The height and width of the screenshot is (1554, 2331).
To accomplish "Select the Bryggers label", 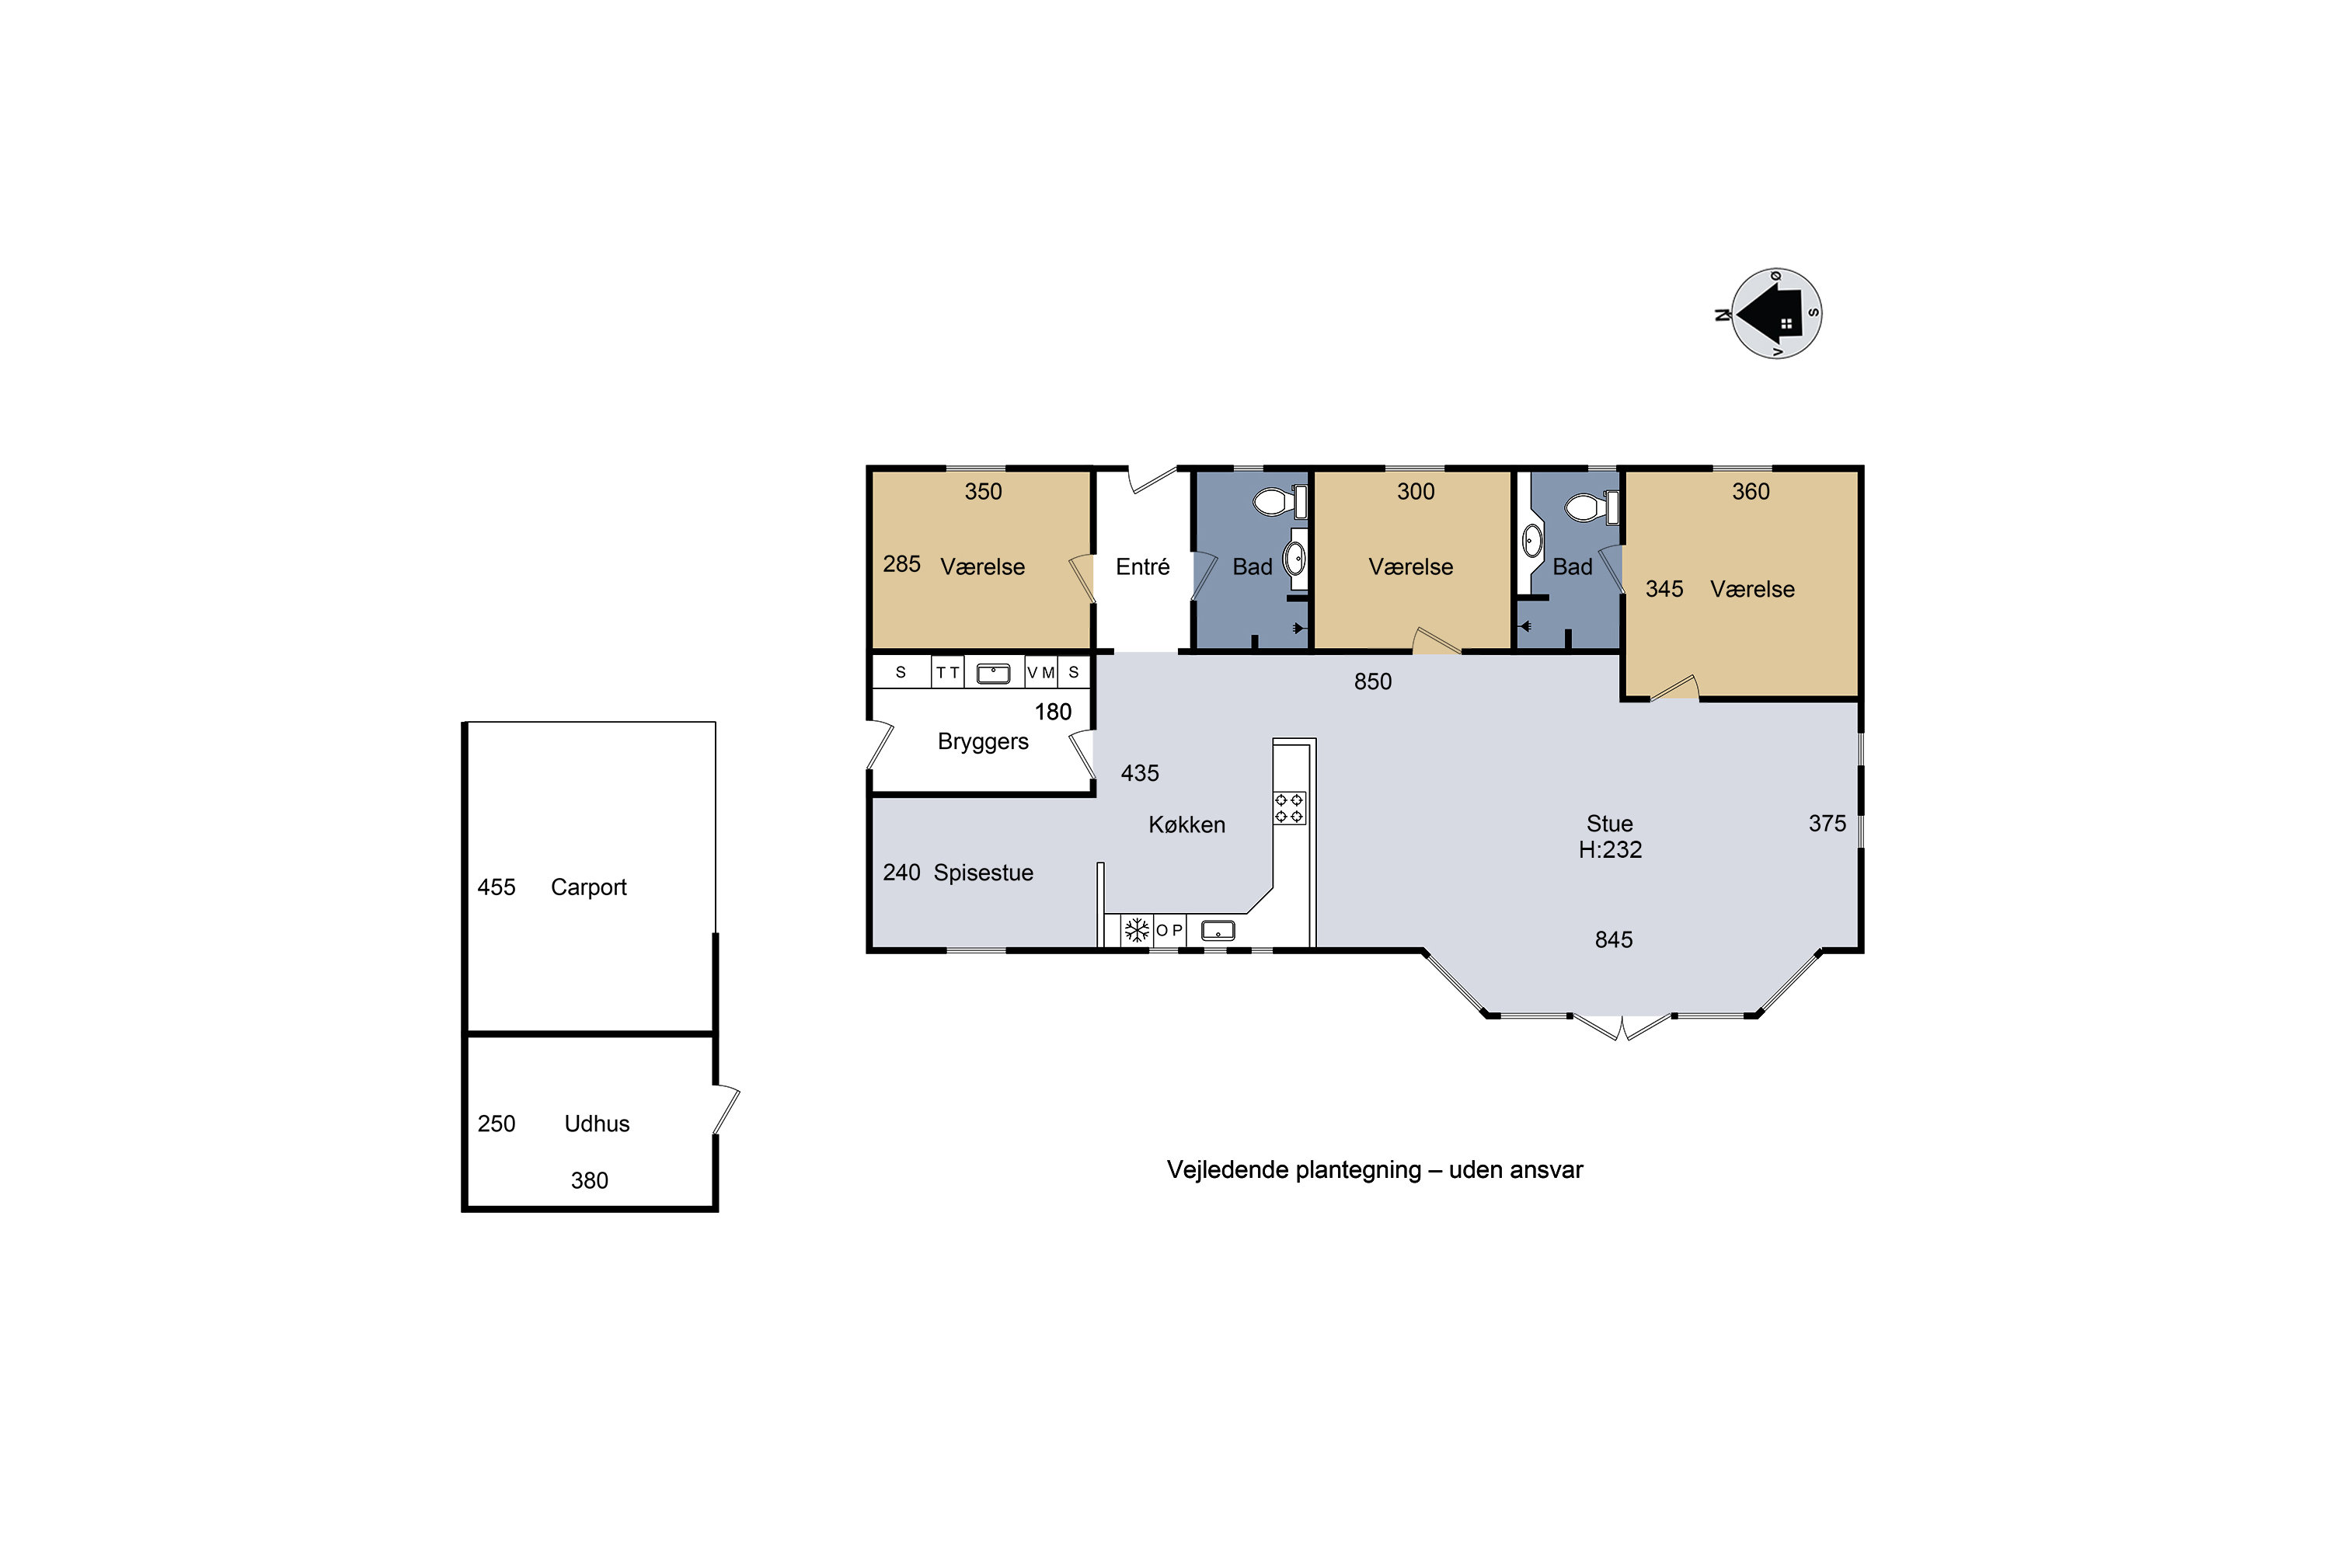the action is (x=982, y=742).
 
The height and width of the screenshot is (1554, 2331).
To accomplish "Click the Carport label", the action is (x=589, y=887).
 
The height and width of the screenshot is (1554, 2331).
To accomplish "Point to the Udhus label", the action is (x=597, y=1124).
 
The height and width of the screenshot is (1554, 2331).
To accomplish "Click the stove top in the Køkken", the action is (x=1289, y=808).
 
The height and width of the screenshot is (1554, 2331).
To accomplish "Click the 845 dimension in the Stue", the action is (x=1614, y=939).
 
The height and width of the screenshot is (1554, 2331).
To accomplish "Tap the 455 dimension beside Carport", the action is (x=497, y=887).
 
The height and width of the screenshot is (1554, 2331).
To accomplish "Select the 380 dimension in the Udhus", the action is (x=589, y=1180).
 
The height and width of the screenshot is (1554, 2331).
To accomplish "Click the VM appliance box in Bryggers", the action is (x=1040, y=673).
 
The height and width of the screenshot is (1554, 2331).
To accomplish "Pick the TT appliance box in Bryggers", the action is (x=947, y=673).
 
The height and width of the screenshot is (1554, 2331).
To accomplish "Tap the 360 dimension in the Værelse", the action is (x=1751, y=492).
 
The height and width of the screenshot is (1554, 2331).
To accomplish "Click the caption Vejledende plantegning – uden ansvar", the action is (x=1375, y=1170).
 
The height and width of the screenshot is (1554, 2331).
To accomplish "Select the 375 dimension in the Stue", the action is (x=1827, y=824).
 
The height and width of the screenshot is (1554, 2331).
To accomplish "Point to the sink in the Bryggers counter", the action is (x=993, y=674).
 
